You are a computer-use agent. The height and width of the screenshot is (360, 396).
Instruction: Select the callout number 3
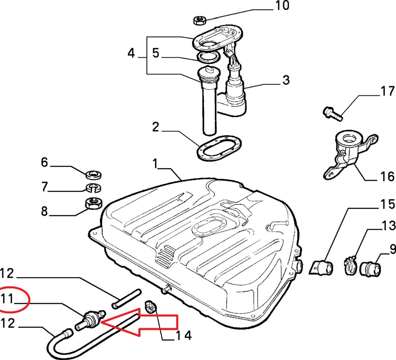(x=286, y=80)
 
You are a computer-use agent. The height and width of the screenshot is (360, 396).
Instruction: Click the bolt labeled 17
(x=331, y=114)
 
